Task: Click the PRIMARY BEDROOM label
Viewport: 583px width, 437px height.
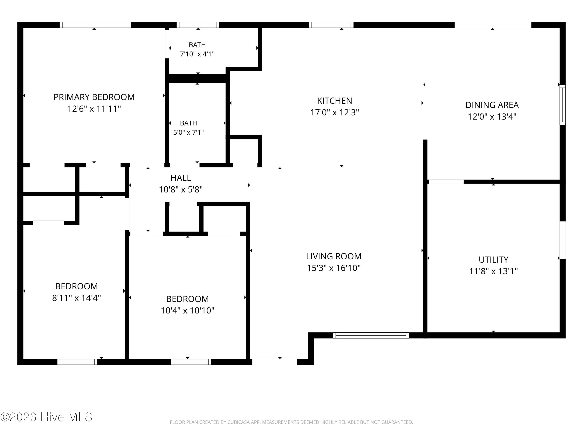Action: pos(94,97)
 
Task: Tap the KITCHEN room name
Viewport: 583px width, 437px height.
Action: pos(334,101)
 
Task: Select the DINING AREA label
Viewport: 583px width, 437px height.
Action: pos(492,105)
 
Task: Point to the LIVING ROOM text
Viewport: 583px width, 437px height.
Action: pos(334,256)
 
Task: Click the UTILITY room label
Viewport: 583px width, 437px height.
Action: pos(493,260)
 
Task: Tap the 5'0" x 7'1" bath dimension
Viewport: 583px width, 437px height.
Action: pos(189,132)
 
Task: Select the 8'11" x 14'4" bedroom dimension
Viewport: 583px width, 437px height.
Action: pos(76,298)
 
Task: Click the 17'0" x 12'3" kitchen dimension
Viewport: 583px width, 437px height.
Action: pos(334,113)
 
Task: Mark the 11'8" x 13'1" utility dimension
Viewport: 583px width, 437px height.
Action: pos(493,271)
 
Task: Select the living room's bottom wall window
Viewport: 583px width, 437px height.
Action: pos(371,335)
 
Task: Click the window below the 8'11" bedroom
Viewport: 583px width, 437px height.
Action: pos(77,362)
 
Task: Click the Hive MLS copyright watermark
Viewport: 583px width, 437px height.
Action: pos(46,417)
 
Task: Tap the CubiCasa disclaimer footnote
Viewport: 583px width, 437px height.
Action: pos(291,422)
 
